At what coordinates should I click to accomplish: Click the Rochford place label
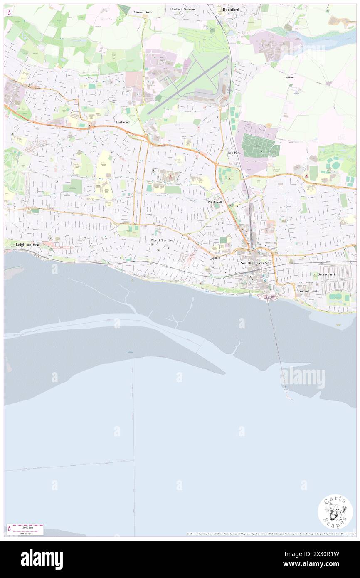(231, 9)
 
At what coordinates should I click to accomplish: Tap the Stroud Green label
(143, 12)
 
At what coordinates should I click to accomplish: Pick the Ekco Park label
(233, 153)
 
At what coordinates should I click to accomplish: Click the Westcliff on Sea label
(162, 240)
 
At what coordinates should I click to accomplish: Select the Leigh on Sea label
(27, 245)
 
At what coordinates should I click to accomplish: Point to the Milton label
(216, 258)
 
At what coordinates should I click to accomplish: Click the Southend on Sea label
(256, 263)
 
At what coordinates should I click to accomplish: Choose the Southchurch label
(327, 274)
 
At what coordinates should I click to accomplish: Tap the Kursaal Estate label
(308, 291)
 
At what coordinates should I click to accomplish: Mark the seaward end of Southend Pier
(286, 389)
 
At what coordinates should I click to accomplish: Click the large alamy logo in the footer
(42, 559)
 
